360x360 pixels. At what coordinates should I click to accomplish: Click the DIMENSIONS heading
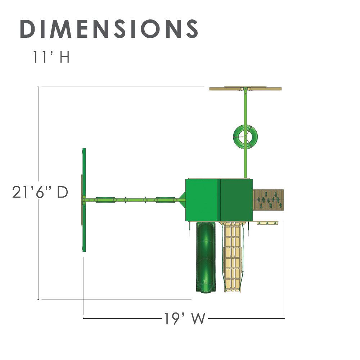pyautogui.click(x=109, y=29)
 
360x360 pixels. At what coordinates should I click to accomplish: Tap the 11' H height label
pyautogui.click(x=51, y=57)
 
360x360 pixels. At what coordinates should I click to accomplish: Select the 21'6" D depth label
pyautogui.click(x=40, y=192)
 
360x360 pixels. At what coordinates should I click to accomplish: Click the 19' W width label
pyautogui.click(x=184, y=319)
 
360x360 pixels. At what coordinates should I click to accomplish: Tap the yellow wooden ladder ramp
pyautogui.click(x=233, y=257)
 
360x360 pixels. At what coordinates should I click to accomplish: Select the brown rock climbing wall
pyautogui.click(x=268, y=200)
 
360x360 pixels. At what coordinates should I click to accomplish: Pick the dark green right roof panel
pyautogui.click(x=237, y=200)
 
